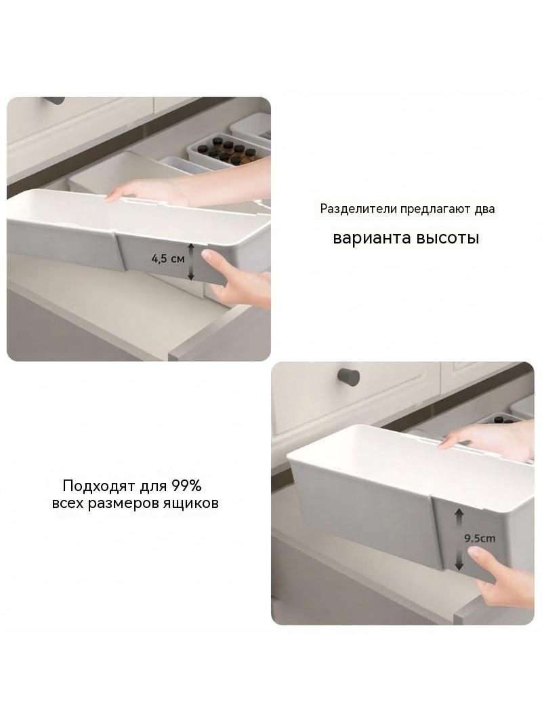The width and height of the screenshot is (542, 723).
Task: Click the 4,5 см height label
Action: (x=167, y=258)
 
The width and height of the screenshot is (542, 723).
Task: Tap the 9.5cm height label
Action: (x=480, y=538)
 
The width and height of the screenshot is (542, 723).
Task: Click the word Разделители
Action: (x=358, y=209)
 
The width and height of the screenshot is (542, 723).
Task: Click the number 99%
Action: (x=186, y=486)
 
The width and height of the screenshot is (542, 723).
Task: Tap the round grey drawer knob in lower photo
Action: (x=349, y=376)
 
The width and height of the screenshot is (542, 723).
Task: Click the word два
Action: (x=485, y=209)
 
